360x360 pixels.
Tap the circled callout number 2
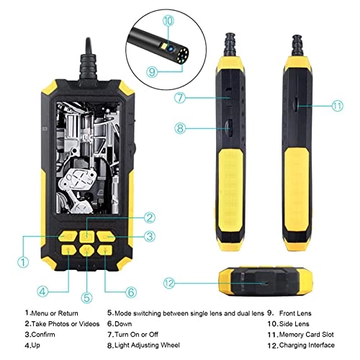point(149,217)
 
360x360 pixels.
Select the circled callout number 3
point(149,236)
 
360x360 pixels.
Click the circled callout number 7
point(184,96)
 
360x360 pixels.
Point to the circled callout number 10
point(168,22)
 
